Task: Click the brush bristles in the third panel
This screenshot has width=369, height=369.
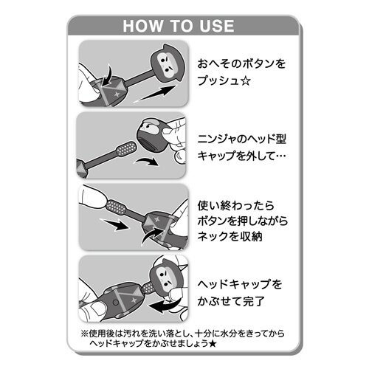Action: (x=116, y=204)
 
